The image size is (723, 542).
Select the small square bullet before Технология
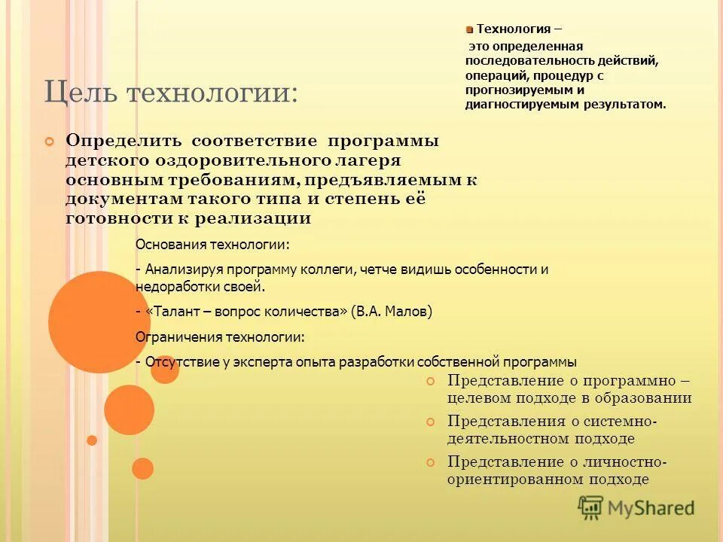pos(468,30)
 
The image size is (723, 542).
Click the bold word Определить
pos(124,141)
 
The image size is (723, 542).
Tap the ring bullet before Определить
pos(50,141)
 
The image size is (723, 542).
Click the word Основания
pos(170,245)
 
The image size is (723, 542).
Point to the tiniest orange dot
pos(92,440)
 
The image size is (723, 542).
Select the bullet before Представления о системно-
pos(431,421)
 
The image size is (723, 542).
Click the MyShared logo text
pos(651,508)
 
